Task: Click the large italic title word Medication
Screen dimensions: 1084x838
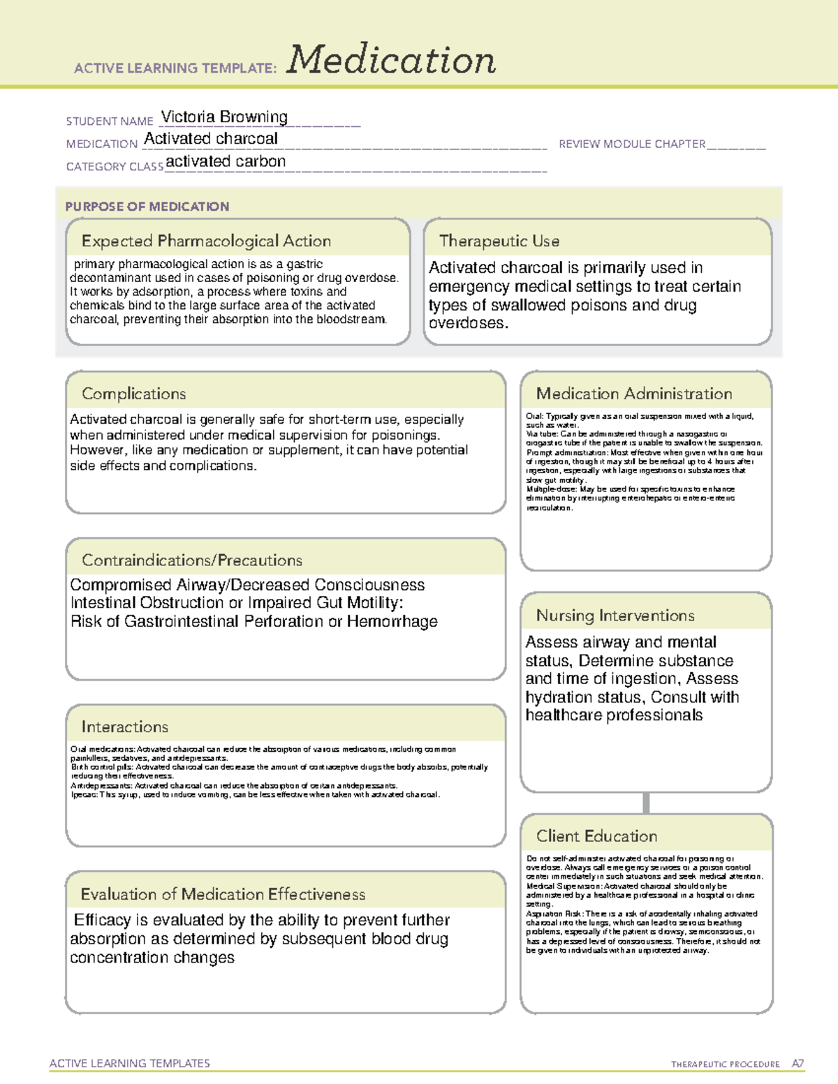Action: click(x=391, y=61)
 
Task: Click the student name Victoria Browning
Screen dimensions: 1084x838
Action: click(x=224, y=117)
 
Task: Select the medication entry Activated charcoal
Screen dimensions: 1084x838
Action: click(x=211, y=139)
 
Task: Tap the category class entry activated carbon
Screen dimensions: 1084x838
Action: click(x=226, y=161)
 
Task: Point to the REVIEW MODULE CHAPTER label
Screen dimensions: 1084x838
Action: click(x=632, y=144)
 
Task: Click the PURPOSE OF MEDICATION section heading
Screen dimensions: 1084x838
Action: click(x=147, y=207)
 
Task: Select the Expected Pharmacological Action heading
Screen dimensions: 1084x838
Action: click(x=206, y=241)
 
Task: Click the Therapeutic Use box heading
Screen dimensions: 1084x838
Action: click(x=499, y=241)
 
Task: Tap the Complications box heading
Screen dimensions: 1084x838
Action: click(x=134, y=394)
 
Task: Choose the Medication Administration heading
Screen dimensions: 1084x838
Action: click(x=634, y=394)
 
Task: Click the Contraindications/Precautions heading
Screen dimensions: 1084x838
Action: click(x=192, y=560)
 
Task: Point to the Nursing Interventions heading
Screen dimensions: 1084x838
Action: click(x=615, y=616)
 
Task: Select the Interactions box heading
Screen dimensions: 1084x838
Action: click(x=125, y=727)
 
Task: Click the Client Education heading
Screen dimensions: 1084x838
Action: click(x=596, y=836)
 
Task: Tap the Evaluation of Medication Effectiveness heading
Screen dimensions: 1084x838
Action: click(x=223, y=894)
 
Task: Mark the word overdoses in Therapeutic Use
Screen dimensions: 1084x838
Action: click(x=467, y=323)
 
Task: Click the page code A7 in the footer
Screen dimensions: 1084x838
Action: click(x=797, y=1064)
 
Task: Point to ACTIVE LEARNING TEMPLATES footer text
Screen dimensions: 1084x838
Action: click(x=130, y=1063)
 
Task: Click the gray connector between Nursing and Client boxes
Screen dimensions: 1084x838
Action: click(x=646, y=803)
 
